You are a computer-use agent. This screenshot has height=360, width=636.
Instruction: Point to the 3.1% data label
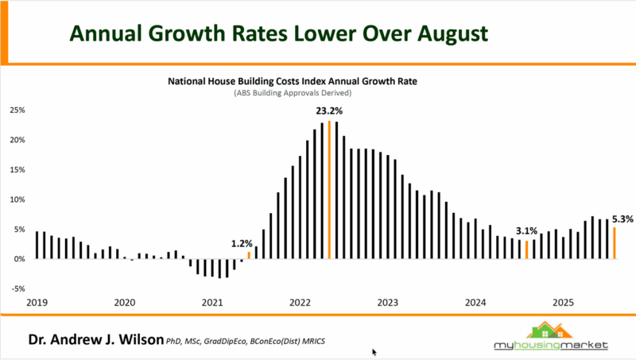click(525, 230)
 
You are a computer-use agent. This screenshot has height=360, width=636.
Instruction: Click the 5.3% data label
click(622, 219)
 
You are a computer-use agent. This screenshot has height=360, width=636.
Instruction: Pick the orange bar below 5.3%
click(613, 242)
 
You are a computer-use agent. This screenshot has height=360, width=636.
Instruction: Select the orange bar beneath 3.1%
click(525, 250)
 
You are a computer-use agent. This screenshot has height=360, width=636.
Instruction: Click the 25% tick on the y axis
click(17, 110)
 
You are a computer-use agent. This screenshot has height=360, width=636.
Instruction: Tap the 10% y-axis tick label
click(17, 199)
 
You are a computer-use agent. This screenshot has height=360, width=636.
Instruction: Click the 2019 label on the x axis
click(37, 303)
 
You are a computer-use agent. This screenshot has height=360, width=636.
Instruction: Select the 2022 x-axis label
click(300, 303)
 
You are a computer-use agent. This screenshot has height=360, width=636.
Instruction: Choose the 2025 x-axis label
click(563, 303)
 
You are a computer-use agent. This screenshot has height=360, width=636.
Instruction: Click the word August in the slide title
click(442, 33)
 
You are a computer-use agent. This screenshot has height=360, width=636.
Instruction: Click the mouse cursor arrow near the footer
click(374, 351)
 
